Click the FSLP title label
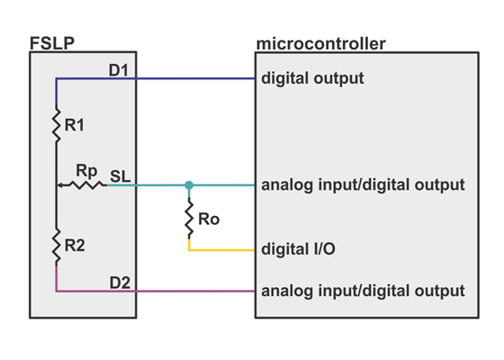52,42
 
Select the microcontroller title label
320,43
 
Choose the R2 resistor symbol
56,243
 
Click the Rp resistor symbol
86,185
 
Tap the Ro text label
209,219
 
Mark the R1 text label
75,126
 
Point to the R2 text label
75,245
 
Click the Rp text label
86,169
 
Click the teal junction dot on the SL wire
189,185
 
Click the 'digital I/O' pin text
299,248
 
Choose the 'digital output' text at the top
312,78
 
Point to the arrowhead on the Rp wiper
60,185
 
